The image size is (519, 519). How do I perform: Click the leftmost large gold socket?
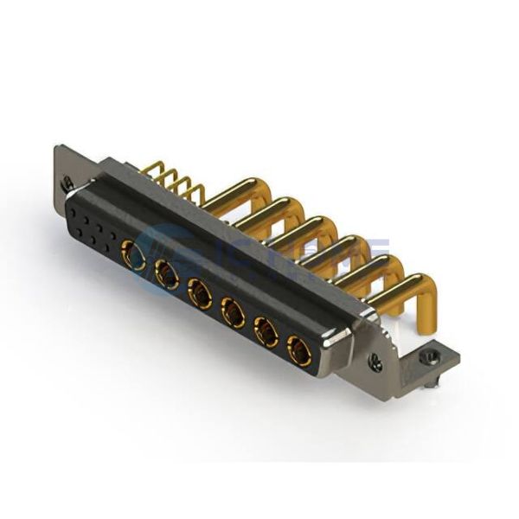(134, 255)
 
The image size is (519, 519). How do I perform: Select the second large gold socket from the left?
(166, 276)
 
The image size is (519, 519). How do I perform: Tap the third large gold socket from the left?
(200, 294)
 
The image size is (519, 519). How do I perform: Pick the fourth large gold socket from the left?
(233, 312)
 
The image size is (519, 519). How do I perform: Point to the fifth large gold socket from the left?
(266, 331)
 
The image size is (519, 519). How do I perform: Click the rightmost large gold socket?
(299, 351)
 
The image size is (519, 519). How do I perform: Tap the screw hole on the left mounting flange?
(67, 183)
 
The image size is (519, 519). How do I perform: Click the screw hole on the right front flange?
(375, 364)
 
